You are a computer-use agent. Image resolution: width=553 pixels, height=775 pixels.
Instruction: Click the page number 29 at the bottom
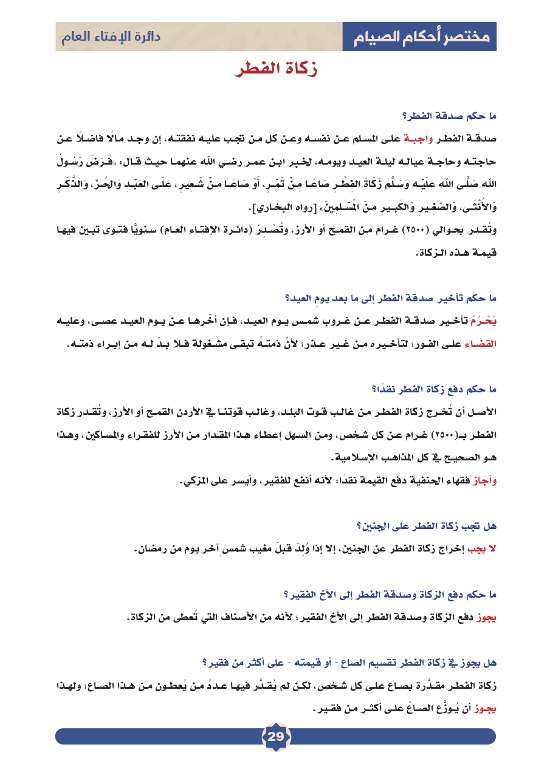point(276,737)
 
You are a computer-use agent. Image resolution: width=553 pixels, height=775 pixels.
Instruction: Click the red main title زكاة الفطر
point(276,69)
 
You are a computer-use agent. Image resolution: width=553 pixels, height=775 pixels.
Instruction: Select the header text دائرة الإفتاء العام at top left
point(111,36)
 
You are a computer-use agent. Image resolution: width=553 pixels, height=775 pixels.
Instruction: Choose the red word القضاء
point(483,343)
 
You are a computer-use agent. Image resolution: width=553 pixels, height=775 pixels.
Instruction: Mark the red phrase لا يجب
point(482,549)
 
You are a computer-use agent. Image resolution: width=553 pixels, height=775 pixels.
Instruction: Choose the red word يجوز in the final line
point(485,709)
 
